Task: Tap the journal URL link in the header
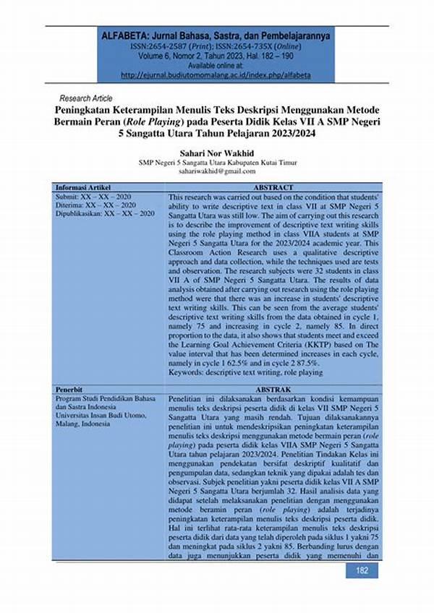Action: [x=217, y=73]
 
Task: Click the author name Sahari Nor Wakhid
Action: [x=217, y=154]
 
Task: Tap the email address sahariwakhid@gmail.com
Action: [x=217, y=172]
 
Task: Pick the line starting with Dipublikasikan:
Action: [x=106, y=214]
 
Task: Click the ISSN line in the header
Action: [x=217, y=45]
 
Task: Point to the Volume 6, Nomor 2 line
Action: [x=217, y=53]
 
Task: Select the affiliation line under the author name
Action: [x=217, y=163]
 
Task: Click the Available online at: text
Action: [x=217, y=64]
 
